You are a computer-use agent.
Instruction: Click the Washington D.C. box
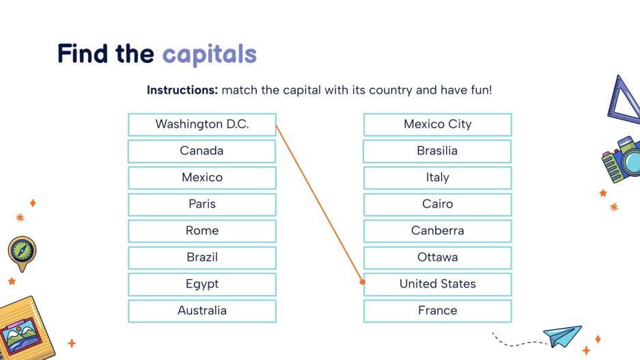(202, 124)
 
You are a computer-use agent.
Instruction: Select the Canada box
(202, 151)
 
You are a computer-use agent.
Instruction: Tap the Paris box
(202, 204)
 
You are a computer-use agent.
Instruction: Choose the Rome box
(202, 231)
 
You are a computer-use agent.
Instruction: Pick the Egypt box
(202, 284)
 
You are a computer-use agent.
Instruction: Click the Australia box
(202, 311)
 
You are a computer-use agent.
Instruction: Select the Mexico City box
(437, 124)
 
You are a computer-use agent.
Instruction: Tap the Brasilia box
(437, 151)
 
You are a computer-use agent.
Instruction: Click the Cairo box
(437, 204)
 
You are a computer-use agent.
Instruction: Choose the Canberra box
(437, 231)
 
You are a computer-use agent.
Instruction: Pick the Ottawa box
(437, 258)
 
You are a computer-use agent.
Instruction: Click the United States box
(437, 284)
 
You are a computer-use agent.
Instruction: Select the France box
(437, 311)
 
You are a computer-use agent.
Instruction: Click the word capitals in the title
(210, 54)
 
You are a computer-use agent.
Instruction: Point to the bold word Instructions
(182, 90)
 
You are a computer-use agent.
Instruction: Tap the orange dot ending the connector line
(363, 281)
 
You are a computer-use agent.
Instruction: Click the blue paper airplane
(562, 335)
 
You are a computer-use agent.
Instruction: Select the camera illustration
(622, 159)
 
